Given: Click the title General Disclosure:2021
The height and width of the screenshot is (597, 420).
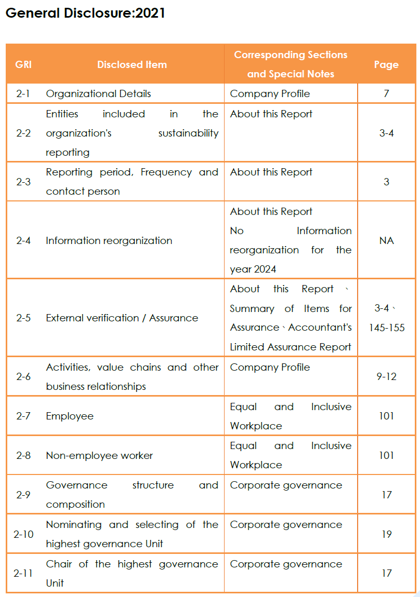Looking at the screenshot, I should pyautogui.click(x=85, y=13).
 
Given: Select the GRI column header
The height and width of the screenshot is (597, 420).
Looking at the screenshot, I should pyautogui.click(x=23, y=64).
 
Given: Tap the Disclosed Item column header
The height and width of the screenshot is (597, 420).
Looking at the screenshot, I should pyautogui.click(x=132, y=64).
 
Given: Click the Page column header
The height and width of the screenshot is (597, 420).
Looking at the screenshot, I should pyautogui.click(x=386, y=64).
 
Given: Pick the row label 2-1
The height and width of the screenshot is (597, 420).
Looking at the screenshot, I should pyautogui.click(x=23, y=94).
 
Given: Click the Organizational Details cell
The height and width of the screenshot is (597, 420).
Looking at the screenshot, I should pyautogui.click(x=98, y=94).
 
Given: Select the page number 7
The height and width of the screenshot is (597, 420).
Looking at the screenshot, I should pyautogui.click(x=386, y=94).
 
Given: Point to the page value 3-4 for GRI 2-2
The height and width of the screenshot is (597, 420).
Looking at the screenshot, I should pyautogui.click(x=386, y=133).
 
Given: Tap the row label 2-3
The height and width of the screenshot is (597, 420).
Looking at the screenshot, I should pyautogui.click(x=23, y=182).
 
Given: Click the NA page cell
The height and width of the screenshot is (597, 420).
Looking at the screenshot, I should pyautogui.click(x=386, y=240).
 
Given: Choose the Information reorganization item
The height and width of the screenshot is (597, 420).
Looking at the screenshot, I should pyautogui.click(x=109, y=240).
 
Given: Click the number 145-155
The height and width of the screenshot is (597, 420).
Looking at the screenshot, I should pyautogui.click(x=387, y=328).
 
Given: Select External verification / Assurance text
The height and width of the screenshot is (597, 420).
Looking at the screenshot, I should pyautogui.click(x=122, y=318).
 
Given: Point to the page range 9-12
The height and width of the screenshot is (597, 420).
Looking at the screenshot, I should pyautogui.click(x=386, y=376).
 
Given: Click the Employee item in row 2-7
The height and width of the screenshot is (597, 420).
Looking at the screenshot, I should pyautogui.click(x=70, y=416).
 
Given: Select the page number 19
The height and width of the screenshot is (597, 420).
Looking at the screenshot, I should pyautogui.click(x=386, y=534).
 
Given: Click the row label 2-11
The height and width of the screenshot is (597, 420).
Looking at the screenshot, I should pyautogui.click(x=23, y=573).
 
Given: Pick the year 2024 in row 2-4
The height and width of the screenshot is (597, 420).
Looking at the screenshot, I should pyautogui.click(x=265, y=269).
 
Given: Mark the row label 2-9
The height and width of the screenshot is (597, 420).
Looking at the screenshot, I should pyautogui.click(x=23, y=495).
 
